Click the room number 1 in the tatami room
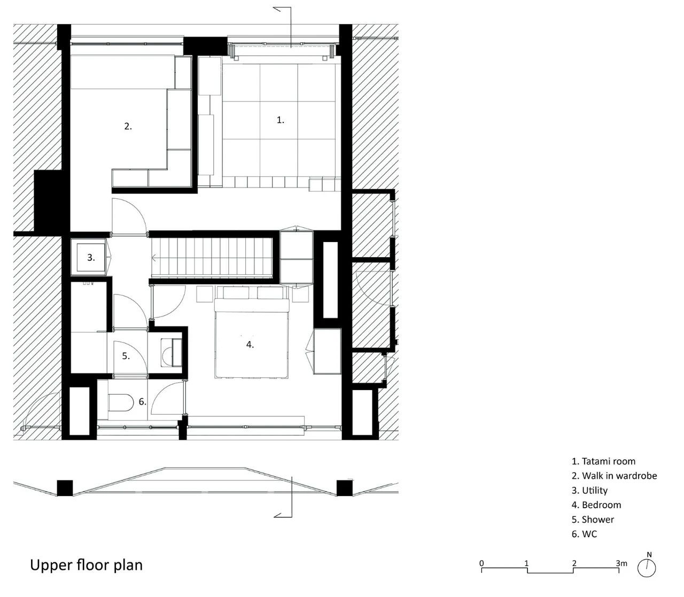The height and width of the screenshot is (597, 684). coord(280,120)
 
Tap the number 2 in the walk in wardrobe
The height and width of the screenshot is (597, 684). coord(128,126)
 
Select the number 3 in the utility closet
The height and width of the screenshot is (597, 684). coord(91,258)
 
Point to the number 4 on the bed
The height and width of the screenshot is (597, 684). coord(250,344)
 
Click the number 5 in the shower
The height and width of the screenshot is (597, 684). coord(126,356)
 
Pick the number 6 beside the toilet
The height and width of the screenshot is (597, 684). coord(143,401)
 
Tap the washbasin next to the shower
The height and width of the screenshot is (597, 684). coord(171,353)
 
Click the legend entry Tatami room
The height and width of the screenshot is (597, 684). coord(603,461)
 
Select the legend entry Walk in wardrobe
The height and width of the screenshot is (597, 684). coord(614,476)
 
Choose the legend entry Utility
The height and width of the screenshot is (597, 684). coord(589,490)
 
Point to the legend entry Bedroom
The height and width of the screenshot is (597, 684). coord(596,505)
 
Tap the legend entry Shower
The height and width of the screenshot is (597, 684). coord(593,520)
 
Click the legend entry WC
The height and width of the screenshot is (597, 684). coord(584,534)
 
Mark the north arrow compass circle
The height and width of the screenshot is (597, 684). coord(647,568)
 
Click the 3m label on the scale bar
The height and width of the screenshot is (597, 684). coord(621,563)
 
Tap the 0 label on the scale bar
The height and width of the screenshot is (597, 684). coord(481,563)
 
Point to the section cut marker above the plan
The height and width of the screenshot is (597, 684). coord(283,27)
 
